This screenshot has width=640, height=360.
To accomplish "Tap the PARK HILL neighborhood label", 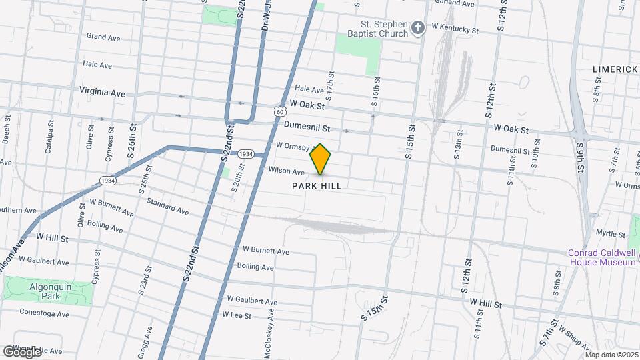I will coord(317,186).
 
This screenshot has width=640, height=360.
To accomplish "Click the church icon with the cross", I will coord(418,27).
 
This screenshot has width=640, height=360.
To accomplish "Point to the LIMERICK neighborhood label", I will coord(615,69).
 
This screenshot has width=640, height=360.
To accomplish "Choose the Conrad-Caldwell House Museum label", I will coord(601,257).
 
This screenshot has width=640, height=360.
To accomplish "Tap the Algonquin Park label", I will coord(32,291).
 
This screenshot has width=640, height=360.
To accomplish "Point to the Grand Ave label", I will coord(103,38).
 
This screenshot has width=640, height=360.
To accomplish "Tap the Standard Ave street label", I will coord(167,205).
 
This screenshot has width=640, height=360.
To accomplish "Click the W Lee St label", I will coord(236,315).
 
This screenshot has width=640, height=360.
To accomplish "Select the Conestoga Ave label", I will coord(44,313).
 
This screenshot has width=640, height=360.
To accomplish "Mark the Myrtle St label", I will coord(607,233).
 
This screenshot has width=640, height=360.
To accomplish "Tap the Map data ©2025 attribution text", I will coord(611,354).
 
